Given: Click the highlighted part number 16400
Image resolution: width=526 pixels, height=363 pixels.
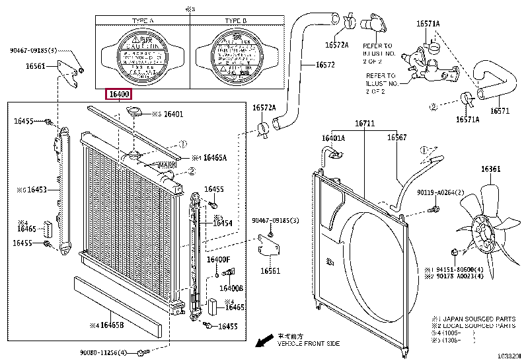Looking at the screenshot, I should tap(119, 95).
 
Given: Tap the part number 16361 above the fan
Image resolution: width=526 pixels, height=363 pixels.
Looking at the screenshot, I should tap(490, 170).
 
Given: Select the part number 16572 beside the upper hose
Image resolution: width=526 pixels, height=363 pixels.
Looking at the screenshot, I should tap(324, 65).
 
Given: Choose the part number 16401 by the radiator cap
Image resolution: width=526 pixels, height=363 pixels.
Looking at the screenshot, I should tap(173, 114).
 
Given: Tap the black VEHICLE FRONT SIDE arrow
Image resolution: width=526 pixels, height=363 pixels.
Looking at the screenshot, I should tap(265, 341).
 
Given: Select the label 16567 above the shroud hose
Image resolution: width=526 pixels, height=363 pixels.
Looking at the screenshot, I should tap(396, 137).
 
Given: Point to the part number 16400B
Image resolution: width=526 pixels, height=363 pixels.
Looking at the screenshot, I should tap(231, 288).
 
